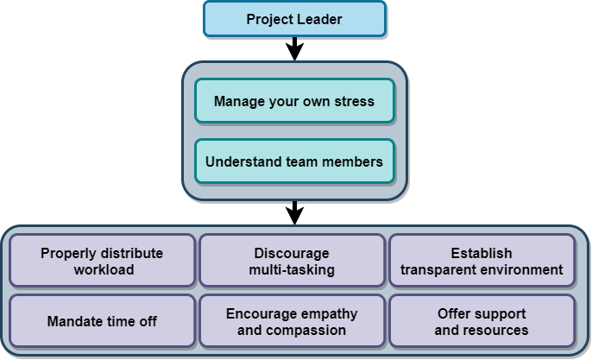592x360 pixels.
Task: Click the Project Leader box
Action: [x=294, y=19]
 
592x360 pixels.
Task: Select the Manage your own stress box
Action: [x=294, y=101]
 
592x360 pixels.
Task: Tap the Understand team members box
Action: [x=294, y=161]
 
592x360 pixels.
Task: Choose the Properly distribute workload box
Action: [x=102, y=261]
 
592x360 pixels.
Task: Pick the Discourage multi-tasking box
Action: [x=292, y=261]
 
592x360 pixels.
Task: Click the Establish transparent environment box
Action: [x=482, y=261]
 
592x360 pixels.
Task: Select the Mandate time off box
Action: [x=102, y=321]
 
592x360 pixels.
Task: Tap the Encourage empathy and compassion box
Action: [x=292, y=321]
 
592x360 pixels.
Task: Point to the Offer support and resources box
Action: [x=482, y=321]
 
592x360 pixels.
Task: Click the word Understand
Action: [x=246, y=161]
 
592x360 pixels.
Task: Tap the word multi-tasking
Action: [x=292, y=269]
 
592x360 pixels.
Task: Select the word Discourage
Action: [x=292, y=253]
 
